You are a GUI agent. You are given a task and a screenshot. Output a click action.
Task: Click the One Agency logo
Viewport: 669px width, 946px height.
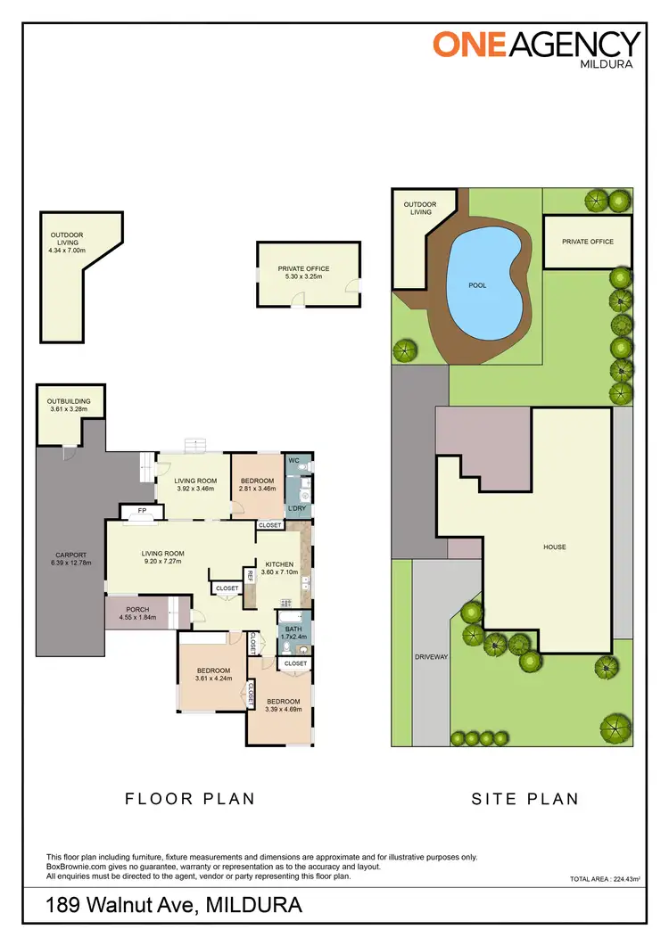536,47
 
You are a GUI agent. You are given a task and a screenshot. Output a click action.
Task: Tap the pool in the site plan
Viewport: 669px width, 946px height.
478,285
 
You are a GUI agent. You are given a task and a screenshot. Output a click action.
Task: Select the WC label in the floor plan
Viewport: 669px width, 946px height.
293,463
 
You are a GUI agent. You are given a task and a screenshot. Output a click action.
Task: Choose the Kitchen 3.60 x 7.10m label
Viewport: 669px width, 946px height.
279,569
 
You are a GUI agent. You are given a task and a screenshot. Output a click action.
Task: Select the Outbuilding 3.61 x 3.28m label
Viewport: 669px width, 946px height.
69,406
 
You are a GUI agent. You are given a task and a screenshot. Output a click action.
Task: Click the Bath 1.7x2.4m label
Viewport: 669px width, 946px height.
294,632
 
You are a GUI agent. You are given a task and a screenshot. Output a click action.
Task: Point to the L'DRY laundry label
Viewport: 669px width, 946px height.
296,508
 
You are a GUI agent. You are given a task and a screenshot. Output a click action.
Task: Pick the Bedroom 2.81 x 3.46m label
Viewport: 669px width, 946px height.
258,485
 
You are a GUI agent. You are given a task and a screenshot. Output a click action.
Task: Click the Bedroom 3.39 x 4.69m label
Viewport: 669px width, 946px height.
278,705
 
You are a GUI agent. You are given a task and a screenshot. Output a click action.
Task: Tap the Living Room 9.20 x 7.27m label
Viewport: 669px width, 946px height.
161,558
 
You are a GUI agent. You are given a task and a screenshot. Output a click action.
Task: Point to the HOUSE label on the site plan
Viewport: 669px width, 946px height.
554,547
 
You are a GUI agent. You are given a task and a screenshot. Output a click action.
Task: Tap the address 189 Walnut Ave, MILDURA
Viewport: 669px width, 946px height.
174,907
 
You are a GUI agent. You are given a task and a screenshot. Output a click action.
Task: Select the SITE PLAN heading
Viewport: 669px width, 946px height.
525,799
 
